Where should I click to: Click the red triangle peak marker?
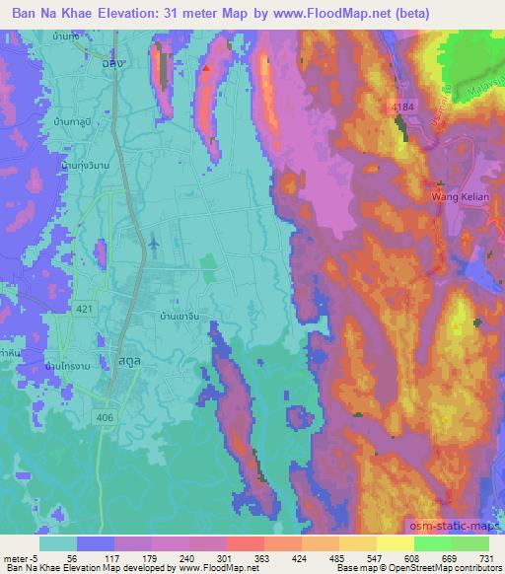205,70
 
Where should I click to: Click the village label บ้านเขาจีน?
180,319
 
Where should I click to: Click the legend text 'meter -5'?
20,558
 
